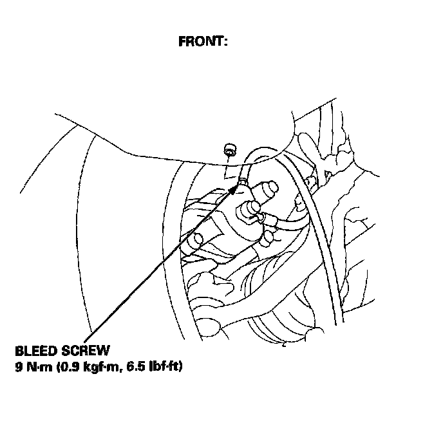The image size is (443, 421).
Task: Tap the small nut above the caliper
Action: pos(229,151)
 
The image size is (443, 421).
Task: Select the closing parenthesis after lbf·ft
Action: pos(180,368)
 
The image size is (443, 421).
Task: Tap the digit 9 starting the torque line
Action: pos(18,368)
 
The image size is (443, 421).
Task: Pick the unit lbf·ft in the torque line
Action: pos(164,368)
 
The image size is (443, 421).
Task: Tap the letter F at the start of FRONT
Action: pos(182,42)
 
